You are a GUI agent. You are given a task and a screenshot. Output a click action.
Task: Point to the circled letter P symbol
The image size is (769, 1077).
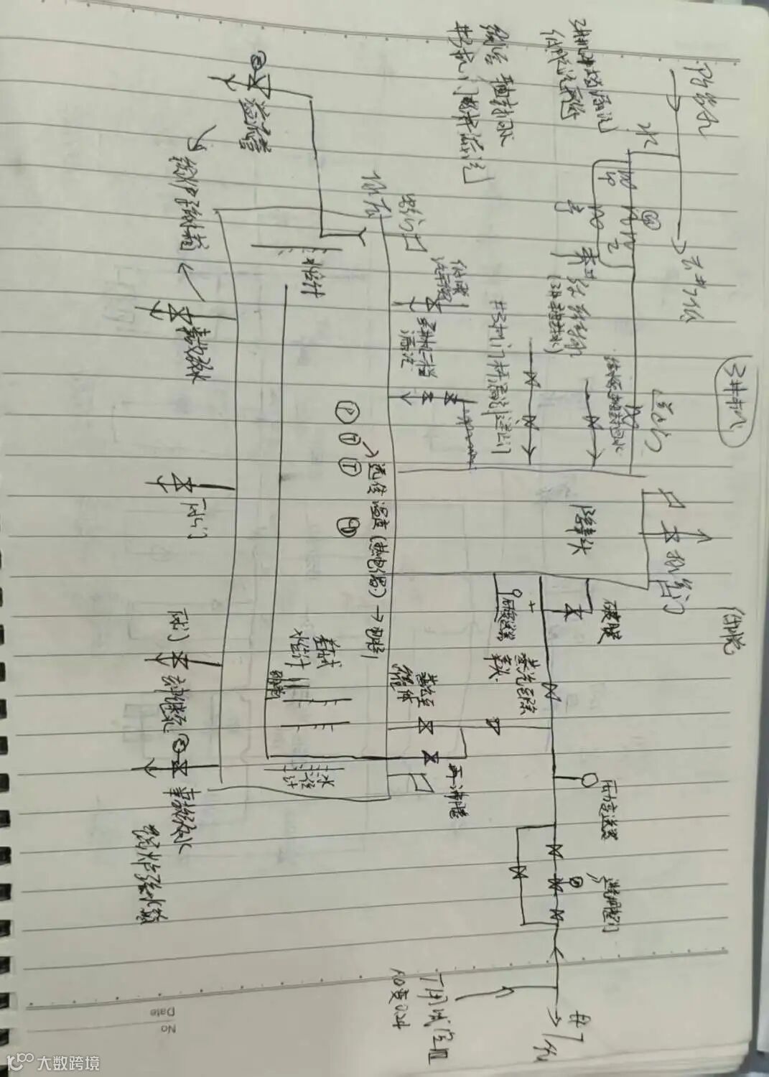344,410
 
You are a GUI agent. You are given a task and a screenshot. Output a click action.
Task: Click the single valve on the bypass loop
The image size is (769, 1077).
518,873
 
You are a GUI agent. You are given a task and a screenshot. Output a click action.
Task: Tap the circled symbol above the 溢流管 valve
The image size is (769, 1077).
256,60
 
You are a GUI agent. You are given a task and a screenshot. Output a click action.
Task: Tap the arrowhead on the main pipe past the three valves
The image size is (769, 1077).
555,951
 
